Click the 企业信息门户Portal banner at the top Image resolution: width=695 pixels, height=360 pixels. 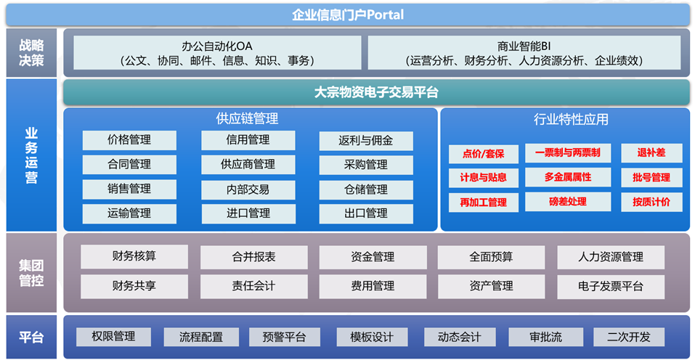tap(347, 15)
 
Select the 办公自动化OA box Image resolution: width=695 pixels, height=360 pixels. tap(217, 53)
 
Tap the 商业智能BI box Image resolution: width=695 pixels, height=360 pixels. tap(524, 53)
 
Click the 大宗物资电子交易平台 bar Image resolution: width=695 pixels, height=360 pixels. tap(376, 92)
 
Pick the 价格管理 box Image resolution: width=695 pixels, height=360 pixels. tap(129, 140)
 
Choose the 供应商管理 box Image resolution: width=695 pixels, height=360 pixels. tap(248, 164)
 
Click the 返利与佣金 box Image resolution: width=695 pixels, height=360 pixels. tap(366, 140)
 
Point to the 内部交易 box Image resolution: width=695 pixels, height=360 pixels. tap(248, 189)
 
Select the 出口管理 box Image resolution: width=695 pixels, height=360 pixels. tap(366, 213)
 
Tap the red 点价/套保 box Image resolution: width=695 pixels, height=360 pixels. tap(483, 154)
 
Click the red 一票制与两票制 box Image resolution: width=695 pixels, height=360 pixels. tap(567, 152)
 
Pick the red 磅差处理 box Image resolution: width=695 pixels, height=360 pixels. tap(567, 202)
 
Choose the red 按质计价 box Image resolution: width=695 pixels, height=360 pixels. tap(651, 202)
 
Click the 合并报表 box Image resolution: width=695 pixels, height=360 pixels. tap(253, 257)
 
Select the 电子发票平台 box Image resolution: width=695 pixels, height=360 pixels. tap(610, 287)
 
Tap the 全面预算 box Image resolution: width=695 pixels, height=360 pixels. tap(491, 257)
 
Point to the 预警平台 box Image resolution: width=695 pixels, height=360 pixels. tap(284, 337)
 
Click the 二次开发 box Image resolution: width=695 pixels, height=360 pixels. tap(628, 337)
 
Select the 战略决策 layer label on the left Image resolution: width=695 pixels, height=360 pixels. tap(31, 53)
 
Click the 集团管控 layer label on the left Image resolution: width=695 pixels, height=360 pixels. tap(31, 273)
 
